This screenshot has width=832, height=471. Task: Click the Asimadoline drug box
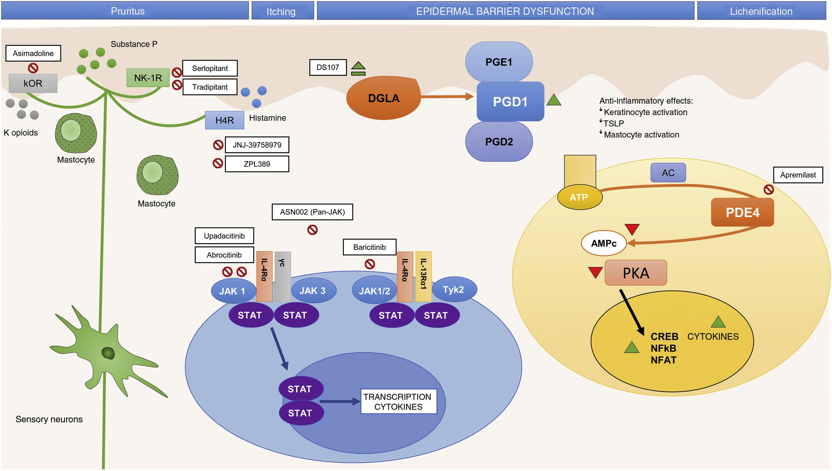point(33,54)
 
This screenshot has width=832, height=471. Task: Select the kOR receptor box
point(33,83)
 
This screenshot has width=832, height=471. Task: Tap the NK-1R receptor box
point(148,78)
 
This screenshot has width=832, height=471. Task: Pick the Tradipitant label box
point(210,87)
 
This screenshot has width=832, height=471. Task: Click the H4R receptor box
point(224,120)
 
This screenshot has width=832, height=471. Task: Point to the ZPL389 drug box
point(257,164)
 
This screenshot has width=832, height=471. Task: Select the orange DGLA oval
point(383,98)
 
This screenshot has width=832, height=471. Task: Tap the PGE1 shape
point(499,62)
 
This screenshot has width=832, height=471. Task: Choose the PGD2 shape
point(499,142)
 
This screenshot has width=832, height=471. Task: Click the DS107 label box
point(328,67)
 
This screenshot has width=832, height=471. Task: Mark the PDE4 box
point(742,213)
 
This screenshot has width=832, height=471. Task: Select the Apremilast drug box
point(798,175)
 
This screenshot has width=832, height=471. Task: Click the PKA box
point(636,273)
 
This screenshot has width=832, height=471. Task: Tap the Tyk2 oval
point(454,289)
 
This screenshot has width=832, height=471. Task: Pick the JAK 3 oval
point(313,291)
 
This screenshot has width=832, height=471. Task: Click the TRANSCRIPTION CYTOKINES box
point(398,402)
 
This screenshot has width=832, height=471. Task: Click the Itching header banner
point(281,11)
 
